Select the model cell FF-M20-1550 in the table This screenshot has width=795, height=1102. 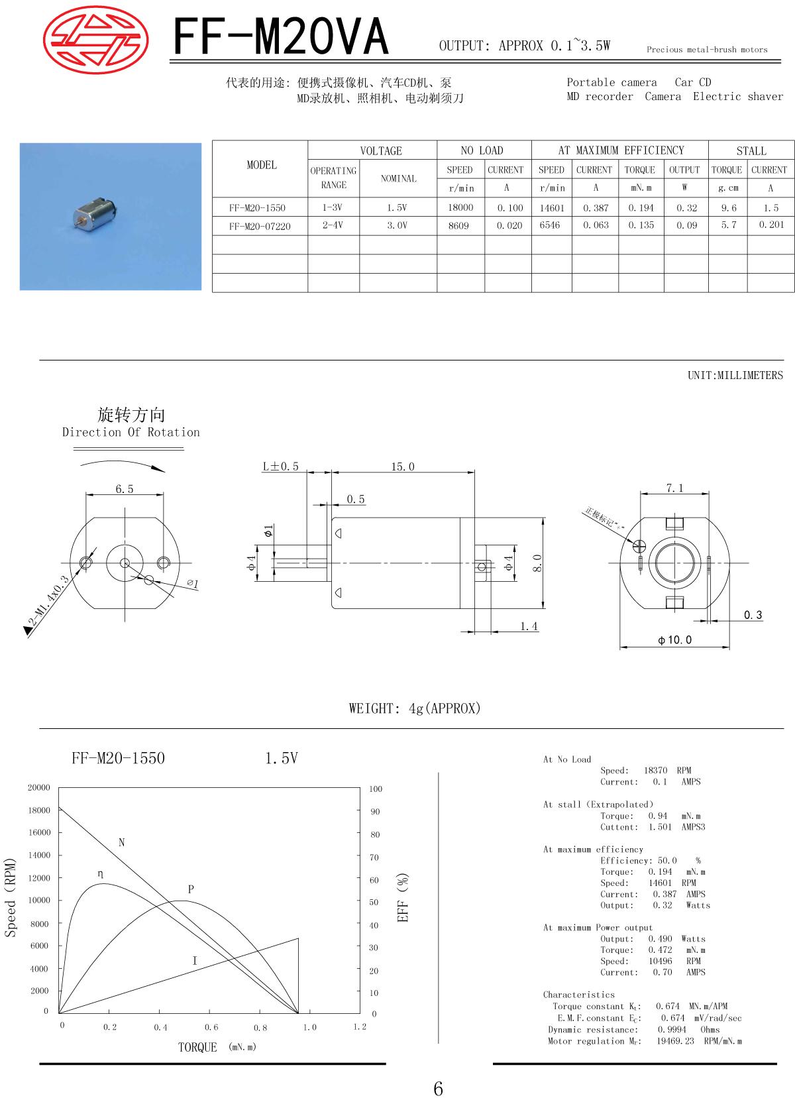tap(257, 207)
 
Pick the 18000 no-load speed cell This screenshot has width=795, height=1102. tap(460, 207)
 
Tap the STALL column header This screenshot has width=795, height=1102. tap(751, 151)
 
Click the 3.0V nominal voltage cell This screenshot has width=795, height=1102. tap(397, 226)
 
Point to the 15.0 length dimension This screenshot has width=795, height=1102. tap(403, 467)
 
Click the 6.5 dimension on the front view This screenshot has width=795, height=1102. tap(125, 489)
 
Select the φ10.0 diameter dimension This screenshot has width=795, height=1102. tap(675, 640)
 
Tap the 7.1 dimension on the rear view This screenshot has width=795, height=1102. tap(675, 488)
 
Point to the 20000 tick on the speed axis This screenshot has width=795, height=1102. tap(39, 788)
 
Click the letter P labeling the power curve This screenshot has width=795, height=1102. tap(191, 889)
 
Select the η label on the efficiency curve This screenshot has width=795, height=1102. tap(100, 874)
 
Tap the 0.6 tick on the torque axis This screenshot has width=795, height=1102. tap(211, 1027)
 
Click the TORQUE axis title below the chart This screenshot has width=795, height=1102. tap(197, 1047)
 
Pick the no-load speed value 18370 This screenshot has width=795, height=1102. tap(656, 771)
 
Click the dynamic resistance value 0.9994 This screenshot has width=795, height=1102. tap(672, 1030)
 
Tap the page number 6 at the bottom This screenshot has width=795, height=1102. tap(439, 1088)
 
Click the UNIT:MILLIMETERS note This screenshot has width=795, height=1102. tap(735, 375)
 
